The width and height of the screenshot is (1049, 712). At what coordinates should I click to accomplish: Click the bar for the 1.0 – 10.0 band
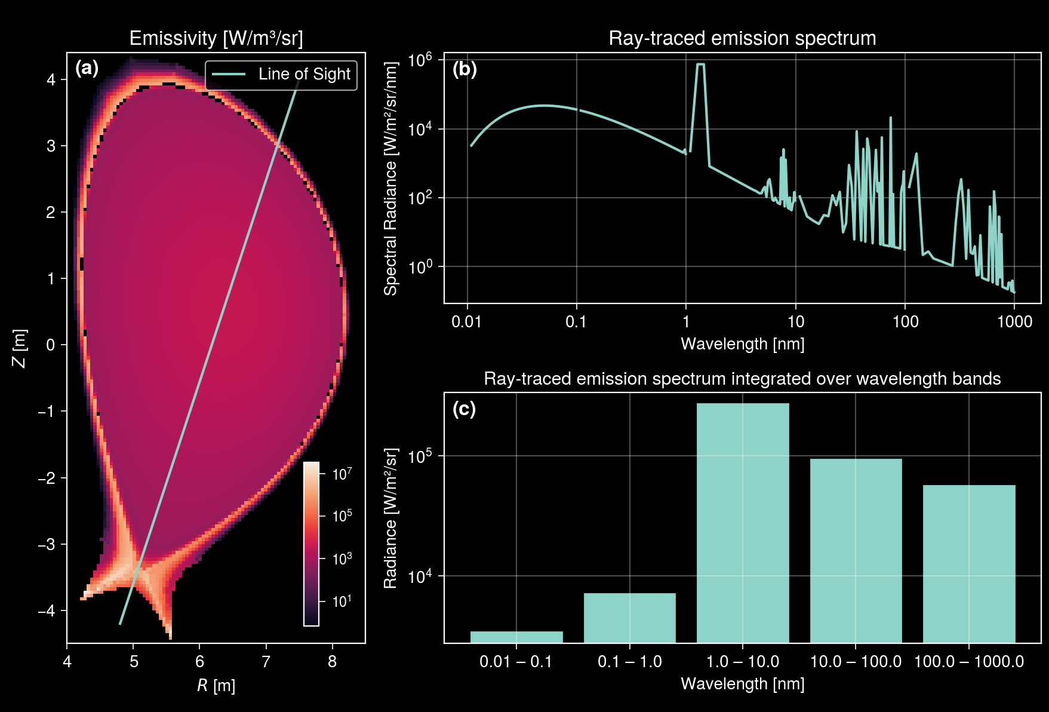(x=742, y=523)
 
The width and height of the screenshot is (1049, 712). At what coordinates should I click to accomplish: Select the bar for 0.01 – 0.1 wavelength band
(x=516, y=637)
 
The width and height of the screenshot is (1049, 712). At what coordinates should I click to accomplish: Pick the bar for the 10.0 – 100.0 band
(x=856, y=550)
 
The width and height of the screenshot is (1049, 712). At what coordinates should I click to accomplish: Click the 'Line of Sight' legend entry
(x=281, y=75)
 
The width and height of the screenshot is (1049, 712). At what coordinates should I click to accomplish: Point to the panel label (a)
(x=87, y=69)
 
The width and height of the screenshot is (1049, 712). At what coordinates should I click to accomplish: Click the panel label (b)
(x=464, y=69)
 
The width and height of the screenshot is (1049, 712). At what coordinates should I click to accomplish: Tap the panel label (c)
(x=464, y=409)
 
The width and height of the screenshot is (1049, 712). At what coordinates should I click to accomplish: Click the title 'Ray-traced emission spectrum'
(x=742, y=38)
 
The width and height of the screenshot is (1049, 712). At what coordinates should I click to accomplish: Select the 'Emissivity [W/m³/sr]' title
(x=216, y=38)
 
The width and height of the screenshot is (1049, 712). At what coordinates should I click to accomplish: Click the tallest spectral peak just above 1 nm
(x=700, y=65)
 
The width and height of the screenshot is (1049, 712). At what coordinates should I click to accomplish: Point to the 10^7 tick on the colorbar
(x=342, y=474)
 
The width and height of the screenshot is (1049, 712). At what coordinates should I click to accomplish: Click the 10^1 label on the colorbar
(x=342, y=601)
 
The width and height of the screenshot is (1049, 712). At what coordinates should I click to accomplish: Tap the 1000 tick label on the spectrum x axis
(x=1014, y=322)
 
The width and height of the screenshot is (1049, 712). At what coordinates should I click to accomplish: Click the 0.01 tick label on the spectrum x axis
(x=466, y=322)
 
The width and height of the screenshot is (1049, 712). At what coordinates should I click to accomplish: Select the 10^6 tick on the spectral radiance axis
(x=420, y=60)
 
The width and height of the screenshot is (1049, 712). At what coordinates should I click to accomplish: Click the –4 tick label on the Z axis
(x=47, y=610)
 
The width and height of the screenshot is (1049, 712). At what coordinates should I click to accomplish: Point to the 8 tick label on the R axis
(x=332, y=661)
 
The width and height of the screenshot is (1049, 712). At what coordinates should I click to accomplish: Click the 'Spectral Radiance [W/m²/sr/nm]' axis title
(x=390, y=179)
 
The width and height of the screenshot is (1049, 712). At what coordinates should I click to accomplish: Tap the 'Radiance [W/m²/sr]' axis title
(x=390, y=518)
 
